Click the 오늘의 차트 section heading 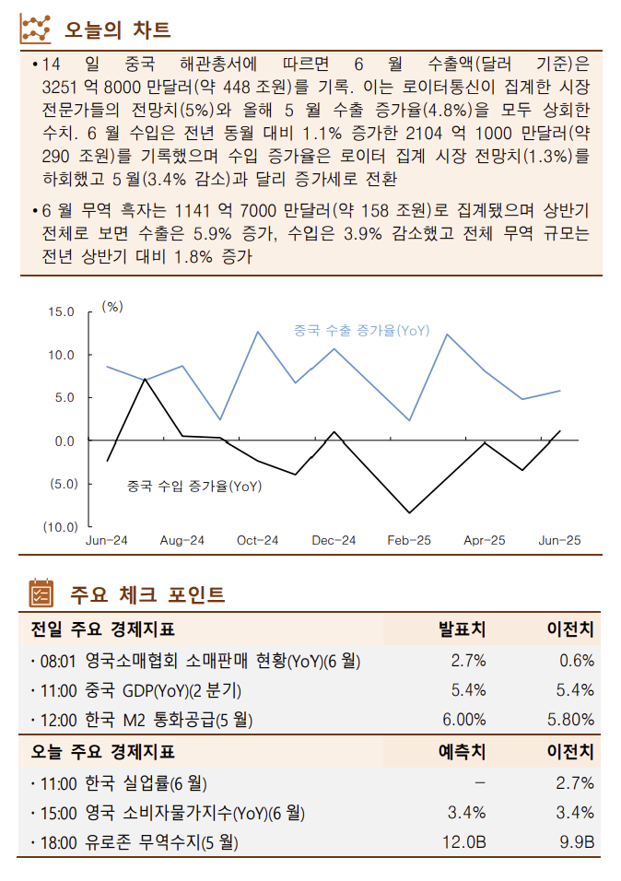(117, 29)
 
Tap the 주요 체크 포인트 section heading (147, 594)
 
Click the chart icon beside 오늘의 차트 (36, 29)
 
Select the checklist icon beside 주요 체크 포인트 (41, 594)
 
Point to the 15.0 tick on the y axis (62, 311)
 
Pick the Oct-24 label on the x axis (257, 541)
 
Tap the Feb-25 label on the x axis (408, 541)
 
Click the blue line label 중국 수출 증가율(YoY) (361, 330)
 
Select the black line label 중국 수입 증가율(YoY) (193, 486)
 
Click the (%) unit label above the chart (111, 306)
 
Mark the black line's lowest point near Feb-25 (409, 512)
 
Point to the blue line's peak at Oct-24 (257, 332)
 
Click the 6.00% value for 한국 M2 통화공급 (464, 720)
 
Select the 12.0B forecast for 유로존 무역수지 (464, 842)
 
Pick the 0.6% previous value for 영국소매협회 (577, 660)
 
